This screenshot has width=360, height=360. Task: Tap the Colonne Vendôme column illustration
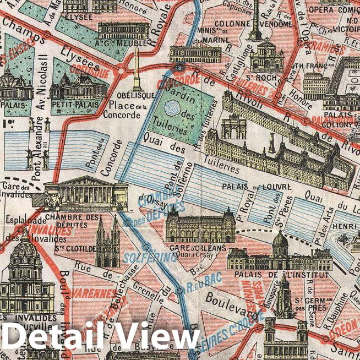pyautogui.click(x=255, y=20)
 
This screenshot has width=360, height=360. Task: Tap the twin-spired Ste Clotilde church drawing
pyautogui.click(x=107, y=243)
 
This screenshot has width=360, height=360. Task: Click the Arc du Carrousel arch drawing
pyautogui.click(x=233, y=127)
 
